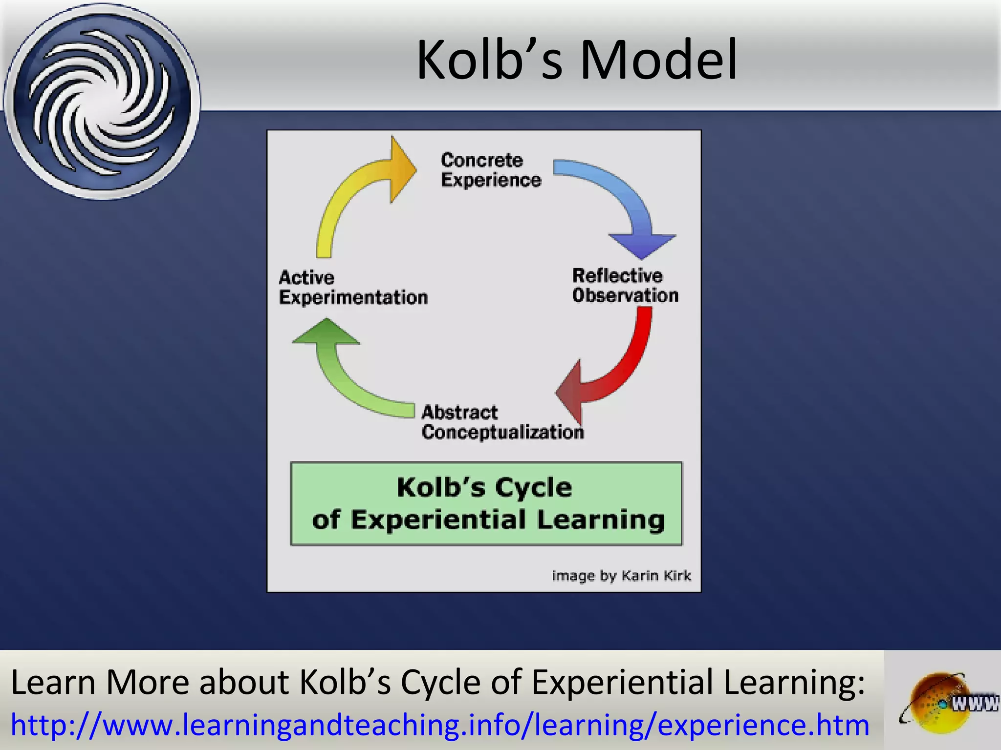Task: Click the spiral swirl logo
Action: click(x=102, y=101)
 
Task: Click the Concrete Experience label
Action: click(x=490, y=170)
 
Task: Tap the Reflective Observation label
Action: click(x=625, y=286)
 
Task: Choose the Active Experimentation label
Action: click(x=352, y=288)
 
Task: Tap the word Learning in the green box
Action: click(x=601, y=520)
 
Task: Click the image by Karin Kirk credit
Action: click(x=621, y=576)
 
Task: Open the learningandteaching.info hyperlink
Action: click(x=440, y=725)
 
